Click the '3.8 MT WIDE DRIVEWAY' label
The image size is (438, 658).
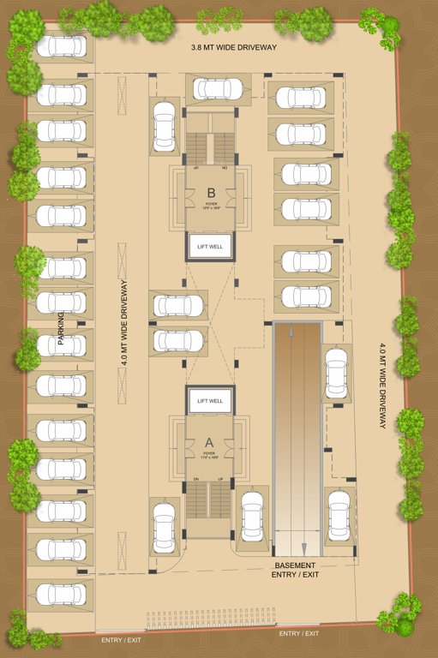tap(233, 47)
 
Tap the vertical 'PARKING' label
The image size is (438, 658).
tap(62, 329)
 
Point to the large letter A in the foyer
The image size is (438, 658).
tap(208, 441)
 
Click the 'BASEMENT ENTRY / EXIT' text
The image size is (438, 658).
tap(295, 571)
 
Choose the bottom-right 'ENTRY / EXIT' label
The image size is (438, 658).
tap(299, 633)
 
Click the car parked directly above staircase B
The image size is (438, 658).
tap(217, 88)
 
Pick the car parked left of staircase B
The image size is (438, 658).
tap(164, 126)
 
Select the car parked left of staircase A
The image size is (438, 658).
tap(164, 526)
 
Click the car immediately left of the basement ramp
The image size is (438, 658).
tap(252, 515)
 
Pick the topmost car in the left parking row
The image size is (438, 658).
tap(61, 45)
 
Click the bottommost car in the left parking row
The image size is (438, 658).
tap(61, 593)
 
